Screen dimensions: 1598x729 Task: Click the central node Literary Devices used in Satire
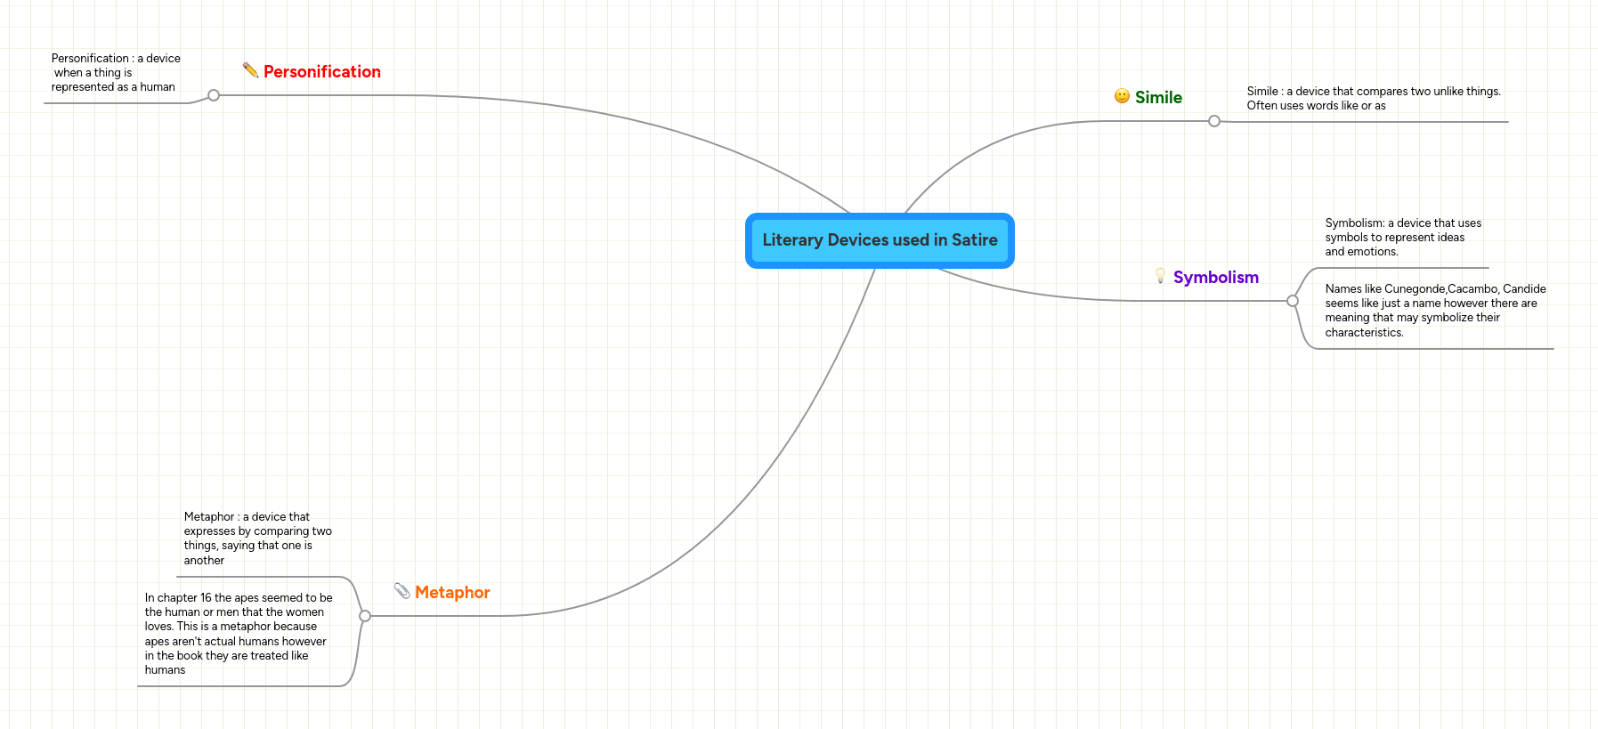[880, 240]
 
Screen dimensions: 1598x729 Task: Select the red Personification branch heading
[321, 72]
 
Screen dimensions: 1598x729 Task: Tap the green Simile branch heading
[1158, 98]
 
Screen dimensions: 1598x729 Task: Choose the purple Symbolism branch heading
[1215, 278]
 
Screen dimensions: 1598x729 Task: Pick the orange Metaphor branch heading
[452, 593]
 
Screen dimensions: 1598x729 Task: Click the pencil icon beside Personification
[250, 69]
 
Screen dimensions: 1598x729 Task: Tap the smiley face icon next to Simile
[1122, 96]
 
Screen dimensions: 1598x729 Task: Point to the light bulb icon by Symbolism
[1160, 276]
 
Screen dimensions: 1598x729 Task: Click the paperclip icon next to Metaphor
[402, 590]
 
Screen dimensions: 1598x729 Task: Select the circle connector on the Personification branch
[214, 95]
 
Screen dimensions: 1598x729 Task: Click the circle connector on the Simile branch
[1214, 121]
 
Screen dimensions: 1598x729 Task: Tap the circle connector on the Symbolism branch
[1293, 301]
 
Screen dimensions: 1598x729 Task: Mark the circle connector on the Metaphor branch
[365, 616]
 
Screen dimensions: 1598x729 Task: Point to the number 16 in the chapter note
[206, 598]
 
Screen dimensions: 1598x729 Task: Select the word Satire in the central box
[974, 240]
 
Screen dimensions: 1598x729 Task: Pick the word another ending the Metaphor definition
[204, 561]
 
